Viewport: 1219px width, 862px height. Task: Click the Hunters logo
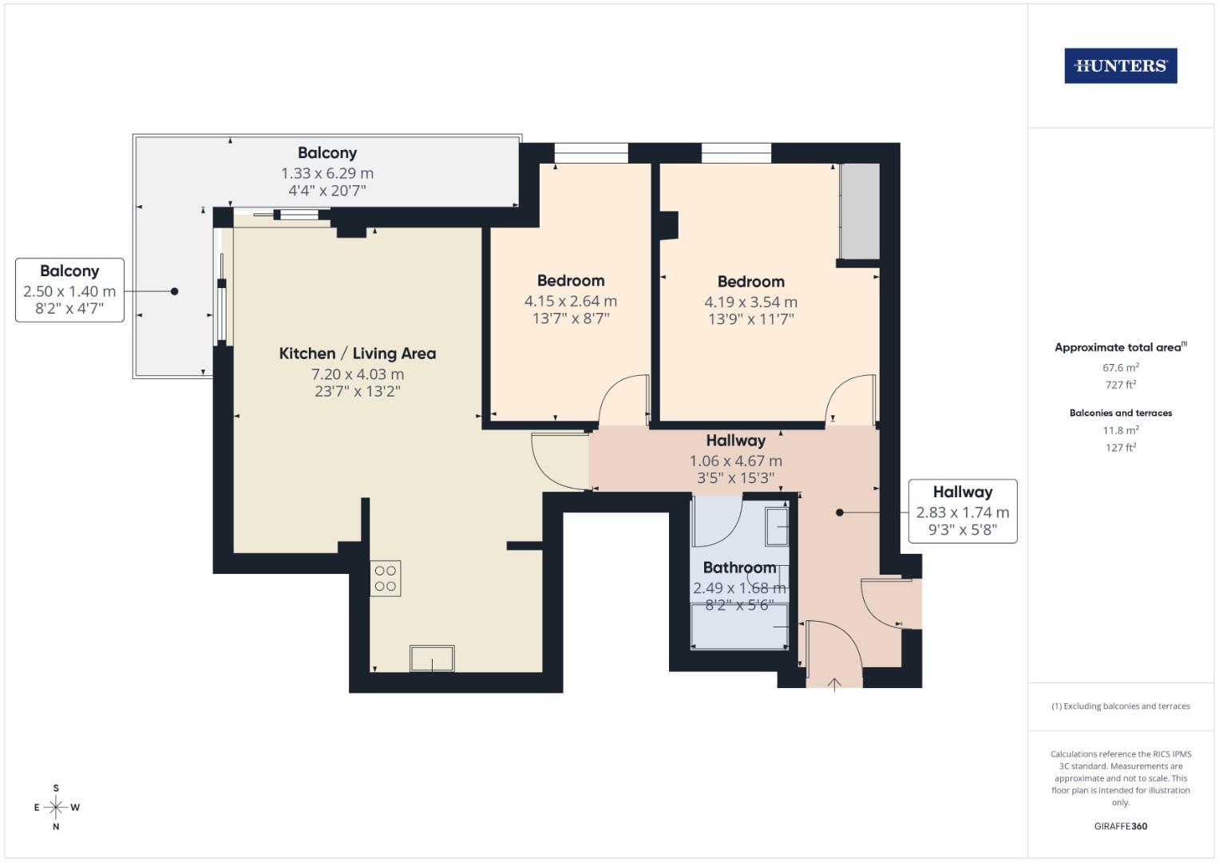[x=1120, y=66]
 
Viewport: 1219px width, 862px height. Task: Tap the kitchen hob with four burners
[x=386, y=579]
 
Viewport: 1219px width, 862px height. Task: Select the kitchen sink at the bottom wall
[x=432, y=658]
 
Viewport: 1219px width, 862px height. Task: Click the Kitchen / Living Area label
[x=357, y=354]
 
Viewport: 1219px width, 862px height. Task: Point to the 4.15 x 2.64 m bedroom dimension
[x=570, y=302]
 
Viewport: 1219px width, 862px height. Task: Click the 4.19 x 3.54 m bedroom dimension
[x=750, y=302]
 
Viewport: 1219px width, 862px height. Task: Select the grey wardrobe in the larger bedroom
[x=860, y=212]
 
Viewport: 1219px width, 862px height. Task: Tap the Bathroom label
[x=739, y=567]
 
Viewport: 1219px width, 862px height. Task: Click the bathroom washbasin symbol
[x=777, y=527]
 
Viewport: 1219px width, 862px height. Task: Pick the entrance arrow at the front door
[x=834, y=683]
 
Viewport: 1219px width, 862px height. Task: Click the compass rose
[x=56, y=808]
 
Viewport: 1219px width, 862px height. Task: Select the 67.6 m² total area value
[x=1120, y=368]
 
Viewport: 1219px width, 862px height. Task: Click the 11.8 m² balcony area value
[x=1120, y=430]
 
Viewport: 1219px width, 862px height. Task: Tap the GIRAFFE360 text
[x=1120, y=826]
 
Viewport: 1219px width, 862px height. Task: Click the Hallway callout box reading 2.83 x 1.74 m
[x=962, y=511]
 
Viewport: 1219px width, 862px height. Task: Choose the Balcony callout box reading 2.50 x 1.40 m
[x=69, y=290]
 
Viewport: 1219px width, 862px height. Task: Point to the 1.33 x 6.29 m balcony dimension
[x=327, y=173]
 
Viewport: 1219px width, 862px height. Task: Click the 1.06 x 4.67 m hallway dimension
[x=735, y=461]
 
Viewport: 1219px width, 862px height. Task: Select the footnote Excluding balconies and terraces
[x=1120, y=706]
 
